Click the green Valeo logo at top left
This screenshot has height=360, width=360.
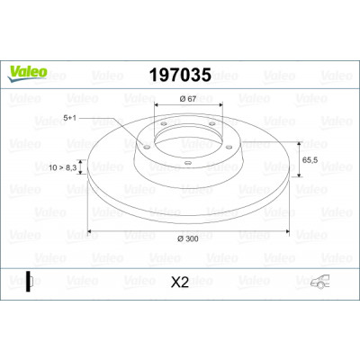27,73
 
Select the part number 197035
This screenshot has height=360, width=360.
180,75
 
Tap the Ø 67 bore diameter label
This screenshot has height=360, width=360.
188,99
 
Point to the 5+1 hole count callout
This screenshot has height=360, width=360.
69,118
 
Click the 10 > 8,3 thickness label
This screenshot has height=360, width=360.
63,167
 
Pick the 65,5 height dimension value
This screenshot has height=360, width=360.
310,160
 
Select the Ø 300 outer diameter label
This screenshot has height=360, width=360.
188,238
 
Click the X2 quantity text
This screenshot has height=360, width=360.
180,283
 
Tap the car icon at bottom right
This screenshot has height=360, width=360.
319,282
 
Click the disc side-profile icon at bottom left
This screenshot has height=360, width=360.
29,282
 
